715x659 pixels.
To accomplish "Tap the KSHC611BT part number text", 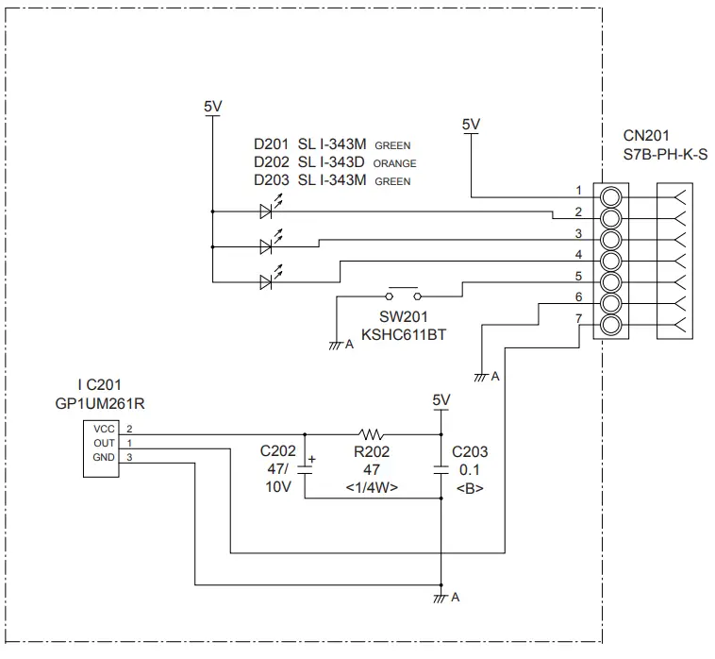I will [x=404, y=335].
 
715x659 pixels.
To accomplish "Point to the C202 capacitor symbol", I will [x=305, y=467].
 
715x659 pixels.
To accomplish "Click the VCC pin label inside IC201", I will [x=103, y=429].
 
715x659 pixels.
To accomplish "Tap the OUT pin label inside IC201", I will [x=103, y=443].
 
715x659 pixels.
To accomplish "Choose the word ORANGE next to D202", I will [x=394, y=164].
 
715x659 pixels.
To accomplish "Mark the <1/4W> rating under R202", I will [x=373, y=487].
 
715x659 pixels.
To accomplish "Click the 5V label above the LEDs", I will [x=213, y=107].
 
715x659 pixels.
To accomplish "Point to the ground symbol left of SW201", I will [x=336, y=345].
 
